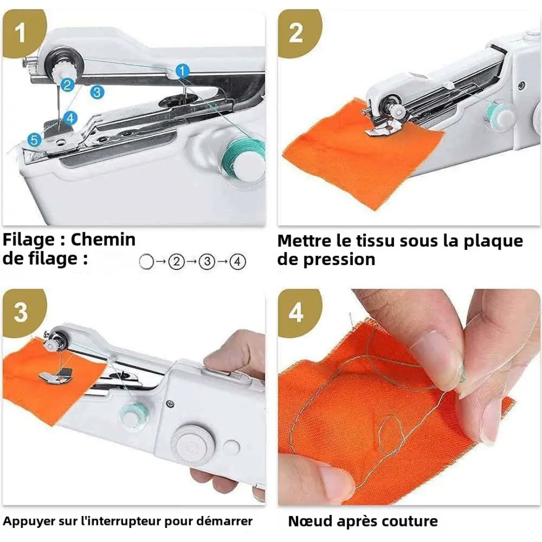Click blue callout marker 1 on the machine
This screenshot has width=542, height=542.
(182, 71)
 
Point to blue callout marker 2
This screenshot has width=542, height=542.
(67, 85)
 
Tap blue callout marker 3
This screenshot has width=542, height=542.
(97, 92)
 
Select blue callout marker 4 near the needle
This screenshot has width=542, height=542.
(70, 118)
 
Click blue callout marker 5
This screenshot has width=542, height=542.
(35, 140)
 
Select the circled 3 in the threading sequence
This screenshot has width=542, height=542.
(207, 261)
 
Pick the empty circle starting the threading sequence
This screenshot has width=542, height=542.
(146, 261)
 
